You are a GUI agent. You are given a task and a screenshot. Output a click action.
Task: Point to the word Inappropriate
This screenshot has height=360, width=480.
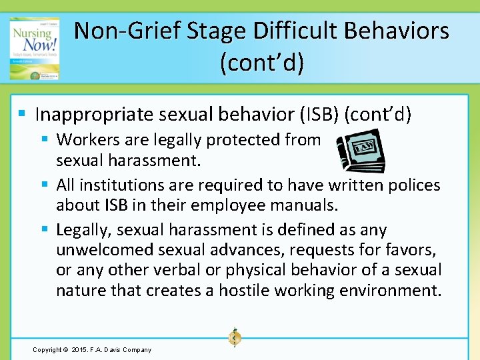pyautogui.click(x=95, y=115)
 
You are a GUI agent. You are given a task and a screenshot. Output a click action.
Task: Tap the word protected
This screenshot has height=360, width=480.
pyautogui.click(x=243, y=140)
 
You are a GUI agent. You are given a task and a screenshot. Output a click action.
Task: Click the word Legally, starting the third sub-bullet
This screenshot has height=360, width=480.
pyautogui.click(x=83, y=230)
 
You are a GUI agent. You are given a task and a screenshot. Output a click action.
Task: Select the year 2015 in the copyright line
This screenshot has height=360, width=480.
pyautogui.click(x=80, y=349)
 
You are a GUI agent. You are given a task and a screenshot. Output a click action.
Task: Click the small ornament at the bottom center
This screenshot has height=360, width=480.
pyautogui.click(x=234, y=337)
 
